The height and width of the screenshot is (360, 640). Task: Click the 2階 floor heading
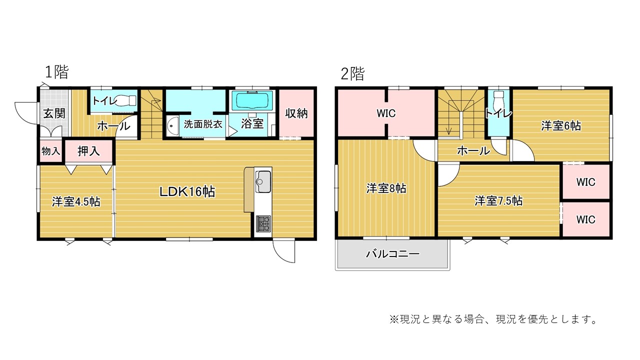tap(353, 74)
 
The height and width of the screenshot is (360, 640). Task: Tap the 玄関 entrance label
tap(54, 113)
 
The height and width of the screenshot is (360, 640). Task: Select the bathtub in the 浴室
tap(250, 100)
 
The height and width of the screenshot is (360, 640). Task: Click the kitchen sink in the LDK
tap(263, 181)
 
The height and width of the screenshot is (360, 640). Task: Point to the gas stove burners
tap(263, 223)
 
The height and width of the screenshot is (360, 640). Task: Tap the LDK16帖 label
tap(187, 191)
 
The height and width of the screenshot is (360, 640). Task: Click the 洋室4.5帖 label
tap(76, 201)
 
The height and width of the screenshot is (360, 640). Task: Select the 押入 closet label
tap(88, 151)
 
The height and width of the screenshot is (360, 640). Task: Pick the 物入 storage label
tap(51, 150)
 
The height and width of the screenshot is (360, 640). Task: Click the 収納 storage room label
tap(296, 113)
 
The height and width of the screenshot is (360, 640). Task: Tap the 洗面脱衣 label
tap(203, 124)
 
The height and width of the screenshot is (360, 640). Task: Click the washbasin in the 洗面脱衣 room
tap(172, 125)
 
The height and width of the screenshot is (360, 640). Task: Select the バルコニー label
tap(393, 253)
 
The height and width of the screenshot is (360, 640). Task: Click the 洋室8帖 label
tap(386, 188)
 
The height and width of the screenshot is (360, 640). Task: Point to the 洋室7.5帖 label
tap(498, 201)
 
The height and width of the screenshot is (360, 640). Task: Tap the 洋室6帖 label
tap(561, 125)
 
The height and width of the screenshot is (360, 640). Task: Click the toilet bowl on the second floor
tap(499, 100)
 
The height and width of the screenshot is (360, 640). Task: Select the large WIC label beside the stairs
tap(386, 113)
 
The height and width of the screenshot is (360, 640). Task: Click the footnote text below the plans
tap(493, 319)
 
